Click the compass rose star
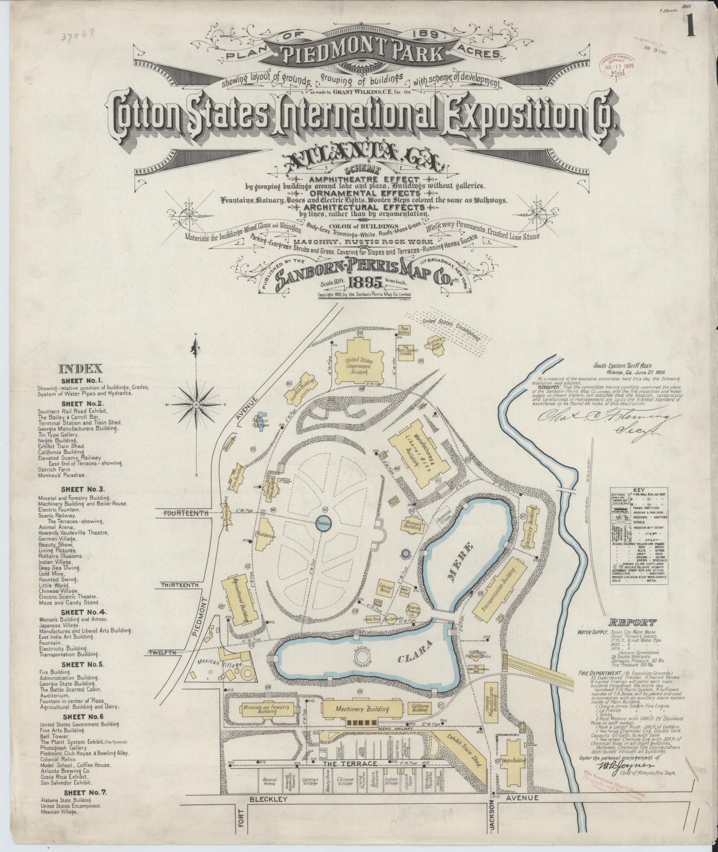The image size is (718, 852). point(195,405)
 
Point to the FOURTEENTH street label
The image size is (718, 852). point(187,513)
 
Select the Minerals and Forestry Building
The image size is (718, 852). point(266,709)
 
